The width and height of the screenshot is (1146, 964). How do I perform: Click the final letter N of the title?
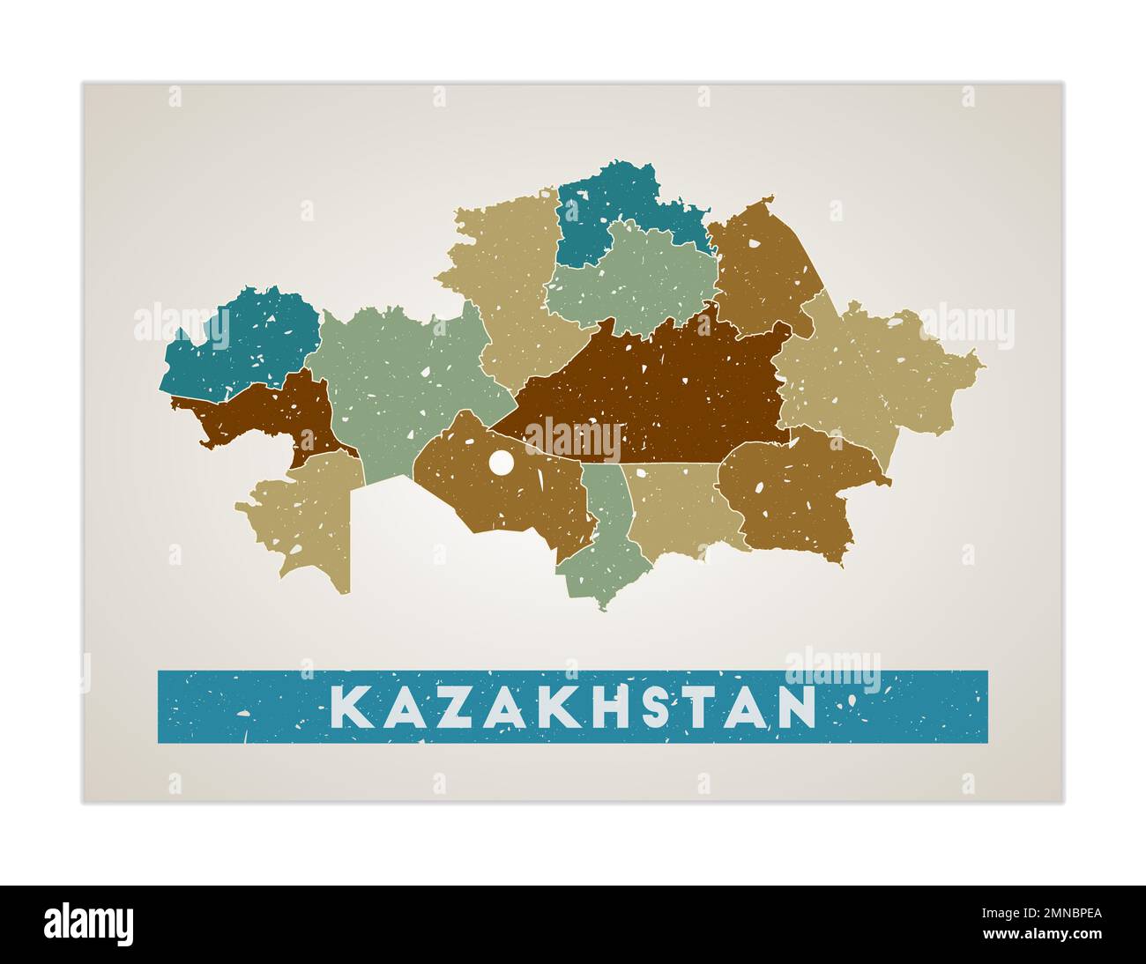(x=797, y=707)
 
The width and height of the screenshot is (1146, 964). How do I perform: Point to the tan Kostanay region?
(x=511, y=282)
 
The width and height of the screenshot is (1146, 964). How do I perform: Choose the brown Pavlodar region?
(x=763, y=264)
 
